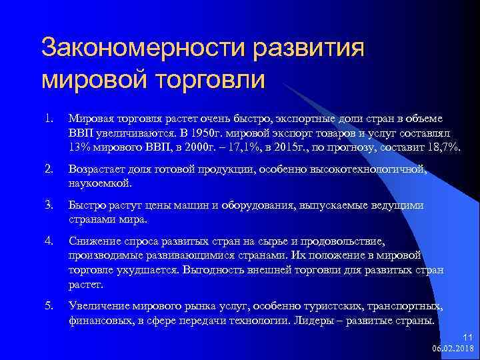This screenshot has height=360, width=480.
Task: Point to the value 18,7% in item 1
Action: (x=442, y=147)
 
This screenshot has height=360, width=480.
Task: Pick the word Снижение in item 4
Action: (x=94, y=242)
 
